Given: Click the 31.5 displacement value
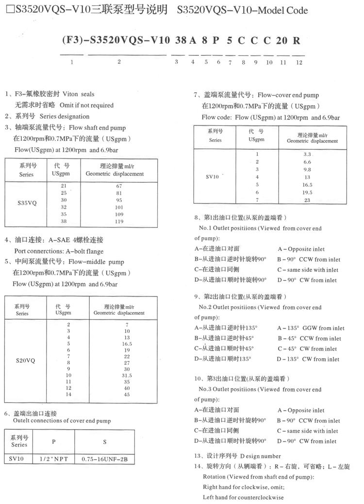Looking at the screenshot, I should (x=126, y=376).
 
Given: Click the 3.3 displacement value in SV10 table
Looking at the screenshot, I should (x=307, y=154).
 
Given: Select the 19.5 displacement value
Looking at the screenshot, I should (x=307, y=192).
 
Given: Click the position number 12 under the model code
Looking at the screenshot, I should (x=299, y=62).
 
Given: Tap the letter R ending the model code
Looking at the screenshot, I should (x=297, y=41).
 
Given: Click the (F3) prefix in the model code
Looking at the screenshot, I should (x=71, y=41).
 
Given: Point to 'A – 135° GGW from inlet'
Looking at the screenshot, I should (x=311, y=328).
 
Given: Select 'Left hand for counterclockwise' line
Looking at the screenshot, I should (x=243, y=497).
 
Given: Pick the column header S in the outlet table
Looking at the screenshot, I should (x=104, y=442).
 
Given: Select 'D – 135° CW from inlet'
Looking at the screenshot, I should (x=308, y=359).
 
